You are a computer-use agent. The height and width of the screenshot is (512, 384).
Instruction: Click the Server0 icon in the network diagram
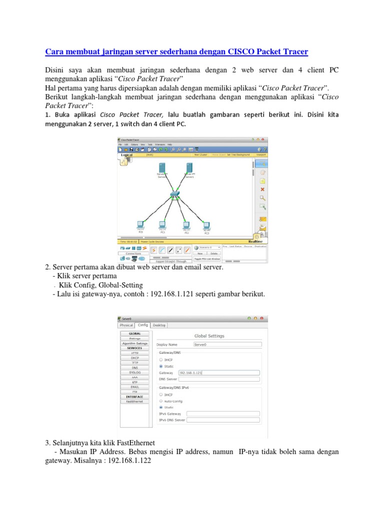pyautogui.click(x=161, y=168)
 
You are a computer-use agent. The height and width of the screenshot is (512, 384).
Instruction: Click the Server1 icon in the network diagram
pyautogui.click(x=189, y=168)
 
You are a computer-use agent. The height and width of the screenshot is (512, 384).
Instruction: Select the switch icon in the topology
pyautogui.click(x=174, y=194)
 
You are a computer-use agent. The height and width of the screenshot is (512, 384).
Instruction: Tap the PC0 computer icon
pyautogui.click(x=141, y=225)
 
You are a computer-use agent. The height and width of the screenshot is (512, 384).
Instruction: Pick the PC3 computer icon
pyautogui.click(x=206, y=225)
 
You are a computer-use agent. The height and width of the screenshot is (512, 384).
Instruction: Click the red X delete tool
pyautogui.click(x=262, y=189)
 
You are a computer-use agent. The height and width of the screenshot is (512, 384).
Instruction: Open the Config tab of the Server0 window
pyautogui.click(x=143, y=324)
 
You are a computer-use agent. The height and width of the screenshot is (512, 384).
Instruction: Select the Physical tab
pyautogui.click(x=126, y=324)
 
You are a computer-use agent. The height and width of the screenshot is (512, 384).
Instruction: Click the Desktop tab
pyautogui.click(x=160, y=324)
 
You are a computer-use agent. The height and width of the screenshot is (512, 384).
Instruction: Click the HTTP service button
pyautogui.click(x=134, y=352)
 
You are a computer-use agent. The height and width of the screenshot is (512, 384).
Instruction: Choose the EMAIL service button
pyautogui.click(x=134, y=387)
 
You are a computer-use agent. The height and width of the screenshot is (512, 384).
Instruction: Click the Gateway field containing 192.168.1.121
pyautogui.click(x=219, y=372)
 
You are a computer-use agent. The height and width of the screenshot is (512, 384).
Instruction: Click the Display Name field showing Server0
pyautogui.click(x=227, y=344)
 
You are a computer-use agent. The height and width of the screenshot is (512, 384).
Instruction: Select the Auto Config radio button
pyautogui.click(x=160, y=401)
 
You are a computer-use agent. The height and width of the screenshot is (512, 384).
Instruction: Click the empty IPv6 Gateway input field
pyautogui.click(x=223, y=413)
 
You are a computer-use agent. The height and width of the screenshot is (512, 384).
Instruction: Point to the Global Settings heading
pyautogui.click(x=209, y=336)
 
